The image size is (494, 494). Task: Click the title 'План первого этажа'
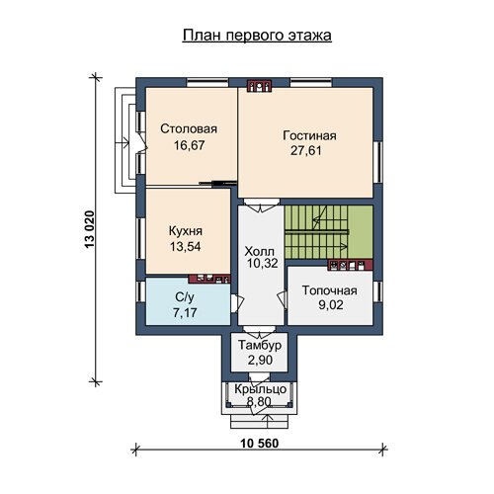[257, 36]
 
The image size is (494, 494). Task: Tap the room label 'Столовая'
[189, 128]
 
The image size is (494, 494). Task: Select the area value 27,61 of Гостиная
[306, 151]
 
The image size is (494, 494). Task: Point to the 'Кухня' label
[186, 231]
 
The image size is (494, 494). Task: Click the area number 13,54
[185, 247]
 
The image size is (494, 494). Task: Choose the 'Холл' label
[259, 252]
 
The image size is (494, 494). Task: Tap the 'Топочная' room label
[330, 290]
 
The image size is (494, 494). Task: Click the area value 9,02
[331, 305]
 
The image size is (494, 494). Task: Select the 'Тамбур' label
[260, 345]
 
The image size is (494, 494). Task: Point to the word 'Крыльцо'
[260, 389]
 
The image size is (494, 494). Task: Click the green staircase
[328, 232]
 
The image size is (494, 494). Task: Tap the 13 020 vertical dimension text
[90, 229]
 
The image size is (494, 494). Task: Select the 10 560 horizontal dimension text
[260, 444]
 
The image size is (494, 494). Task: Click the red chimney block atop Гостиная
[259, 86]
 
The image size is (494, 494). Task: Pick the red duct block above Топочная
[351, 265]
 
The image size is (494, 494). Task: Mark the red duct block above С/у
[209, 279]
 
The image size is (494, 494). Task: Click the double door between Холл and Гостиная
[262, 206]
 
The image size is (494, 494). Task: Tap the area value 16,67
[190, 145]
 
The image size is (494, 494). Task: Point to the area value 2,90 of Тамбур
[260, 360]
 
